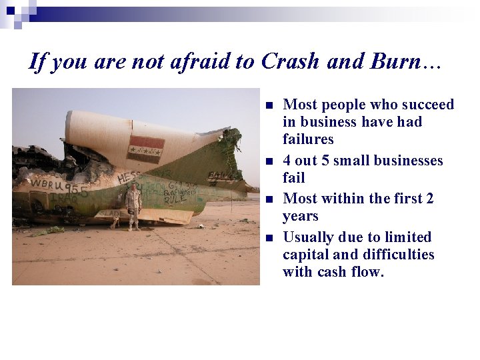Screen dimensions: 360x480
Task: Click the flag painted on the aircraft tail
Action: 145,147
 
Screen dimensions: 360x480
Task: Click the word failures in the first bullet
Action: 308,139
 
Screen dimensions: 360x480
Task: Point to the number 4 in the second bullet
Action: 287,161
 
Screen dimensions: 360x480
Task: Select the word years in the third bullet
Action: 301,216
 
